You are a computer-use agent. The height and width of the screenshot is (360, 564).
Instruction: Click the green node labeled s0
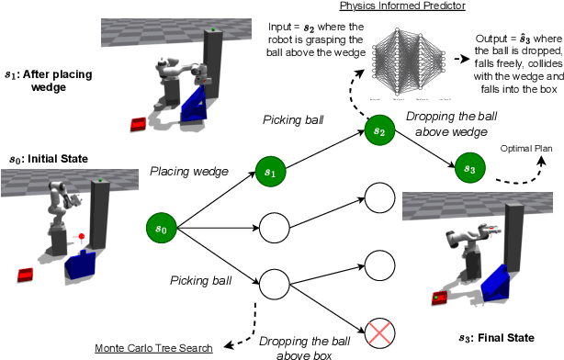[162, 228]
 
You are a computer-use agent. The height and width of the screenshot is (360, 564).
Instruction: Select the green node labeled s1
[270, 172]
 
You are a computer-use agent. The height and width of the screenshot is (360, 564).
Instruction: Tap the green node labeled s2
[380, 130]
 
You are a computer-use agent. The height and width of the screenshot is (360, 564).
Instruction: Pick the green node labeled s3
[470, 167]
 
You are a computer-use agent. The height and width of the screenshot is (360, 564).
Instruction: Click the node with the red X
[380, 333]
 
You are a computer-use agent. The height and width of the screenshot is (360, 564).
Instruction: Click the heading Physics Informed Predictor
[402, 6]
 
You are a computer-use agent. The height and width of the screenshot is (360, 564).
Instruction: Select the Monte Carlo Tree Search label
[153, 348]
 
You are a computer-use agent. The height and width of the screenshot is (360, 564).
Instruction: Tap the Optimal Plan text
[526, 148]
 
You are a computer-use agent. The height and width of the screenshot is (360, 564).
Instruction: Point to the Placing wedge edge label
[189, 171]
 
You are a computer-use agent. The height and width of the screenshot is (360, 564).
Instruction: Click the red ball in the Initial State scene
[82, 236]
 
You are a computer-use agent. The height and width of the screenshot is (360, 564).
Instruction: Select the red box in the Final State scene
[440, 298]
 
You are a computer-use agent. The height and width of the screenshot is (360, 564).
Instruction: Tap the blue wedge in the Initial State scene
[81, 265]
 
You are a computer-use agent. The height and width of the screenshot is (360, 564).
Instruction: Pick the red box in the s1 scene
[139, 124]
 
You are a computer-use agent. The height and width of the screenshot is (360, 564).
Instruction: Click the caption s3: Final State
[496, 338]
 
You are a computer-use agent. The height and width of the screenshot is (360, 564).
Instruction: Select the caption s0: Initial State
[49, 159]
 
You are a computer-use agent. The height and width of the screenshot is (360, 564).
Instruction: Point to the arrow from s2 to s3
[425, 149]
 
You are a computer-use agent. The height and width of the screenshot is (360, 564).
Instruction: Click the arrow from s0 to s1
[216, 200]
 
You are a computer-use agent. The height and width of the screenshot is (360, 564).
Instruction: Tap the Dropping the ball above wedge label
[451, 124]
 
